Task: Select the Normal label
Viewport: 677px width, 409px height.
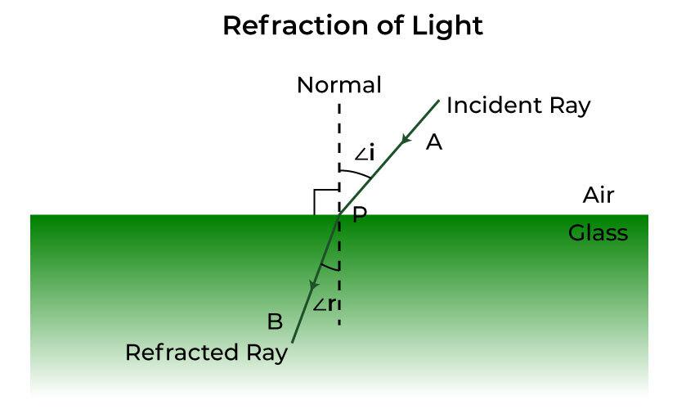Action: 338,85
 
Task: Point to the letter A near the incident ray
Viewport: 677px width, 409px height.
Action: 434,142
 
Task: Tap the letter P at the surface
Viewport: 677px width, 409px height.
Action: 360,215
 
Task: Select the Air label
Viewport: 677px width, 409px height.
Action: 598,196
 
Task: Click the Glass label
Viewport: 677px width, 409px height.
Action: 598,233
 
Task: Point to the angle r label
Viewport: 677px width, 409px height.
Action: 324,304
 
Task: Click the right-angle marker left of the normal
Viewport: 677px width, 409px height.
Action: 325,201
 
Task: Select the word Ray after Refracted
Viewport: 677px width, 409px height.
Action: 265,353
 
